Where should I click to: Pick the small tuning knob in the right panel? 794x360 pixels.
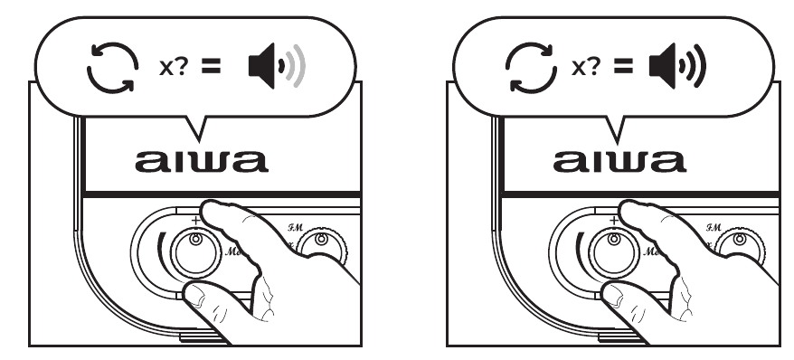[739, 242]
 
